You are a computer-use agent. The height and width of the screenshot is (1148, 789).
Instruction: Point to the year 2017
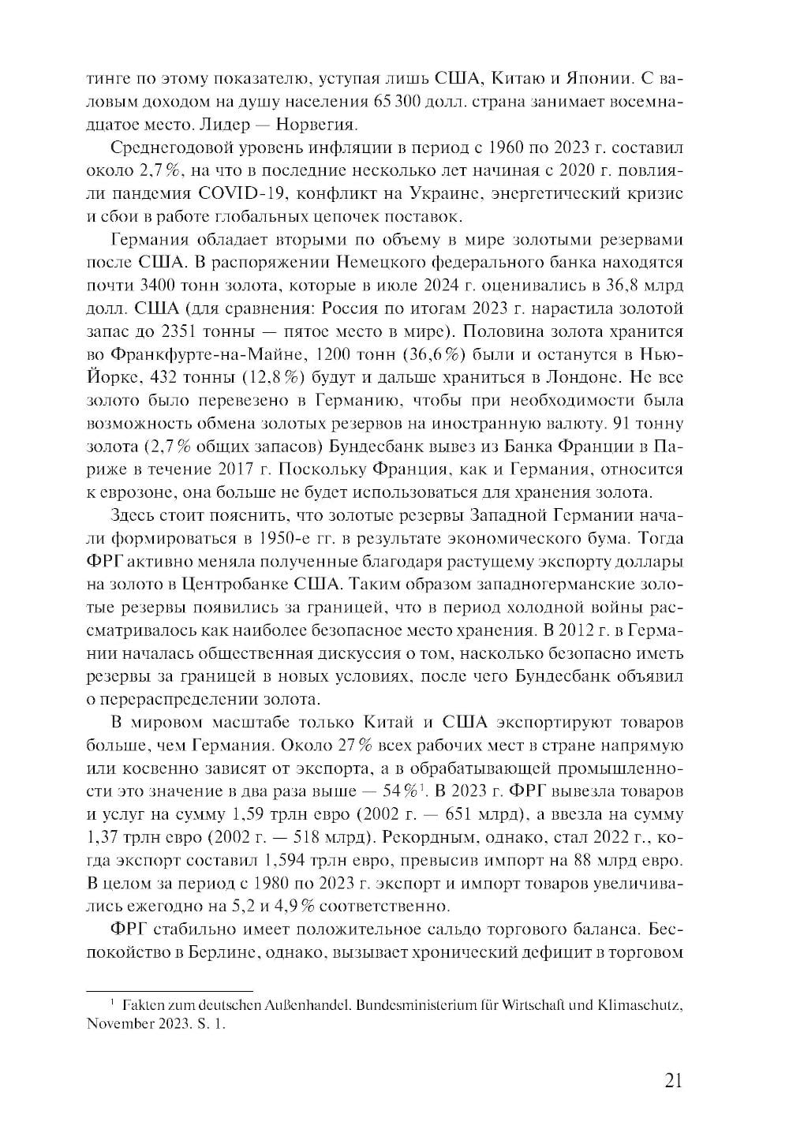pos(237,469)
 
